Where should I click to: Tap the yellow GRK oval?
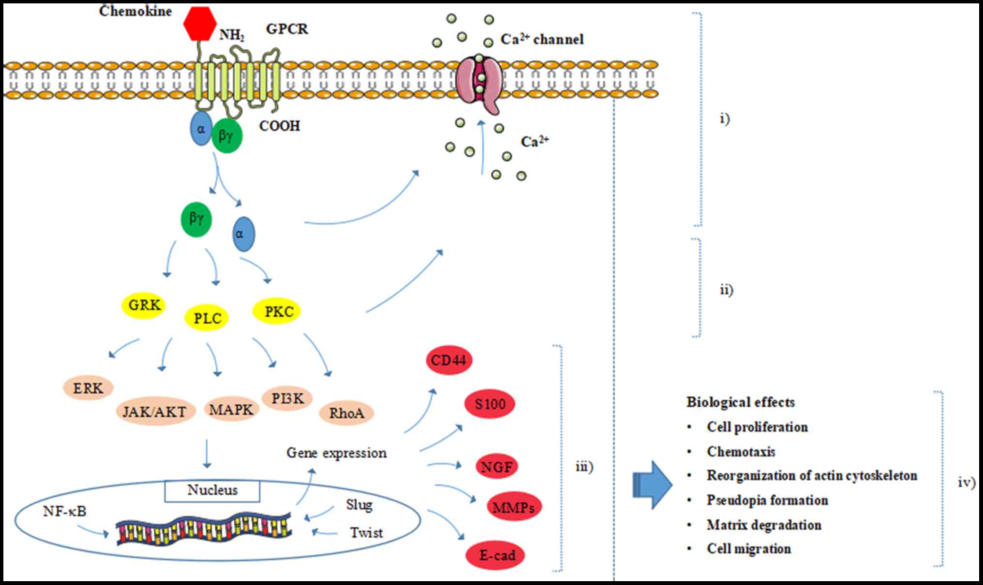(x=144, y=305)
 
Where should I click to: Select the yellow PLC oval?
(x=207, y=318)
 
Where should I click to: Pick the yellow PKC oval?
(x=277, y=312)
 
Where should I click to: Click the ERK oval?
(x=88, y=388)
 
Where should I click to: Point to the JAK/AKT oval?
(x=155, y=411)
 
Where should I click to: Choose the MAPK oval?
(x=231, y=409)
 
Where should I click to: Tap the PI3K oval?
(x=287, y=398)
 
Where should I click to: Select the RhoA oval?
(x=347, y=413)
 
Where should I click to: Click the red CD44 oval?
(x=449, y=360)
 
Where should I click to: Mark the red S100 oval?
(x=489, y=404)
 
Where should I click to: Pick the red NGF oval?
(x=497, y=466)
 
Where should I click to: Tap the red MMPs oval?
(x=513, y=507)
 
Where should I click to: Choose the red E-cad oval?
(x=497, y=555)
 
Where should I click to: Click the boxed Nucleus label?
(x=212, y=491)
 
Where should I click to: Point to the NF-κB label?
(x=64, y=511)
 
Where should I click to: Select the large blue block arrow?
(x=652, y=484)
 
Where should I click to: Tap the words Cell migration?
(x=748, y=549)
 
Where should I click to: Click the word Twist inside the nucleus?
(x=366, y=533)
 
